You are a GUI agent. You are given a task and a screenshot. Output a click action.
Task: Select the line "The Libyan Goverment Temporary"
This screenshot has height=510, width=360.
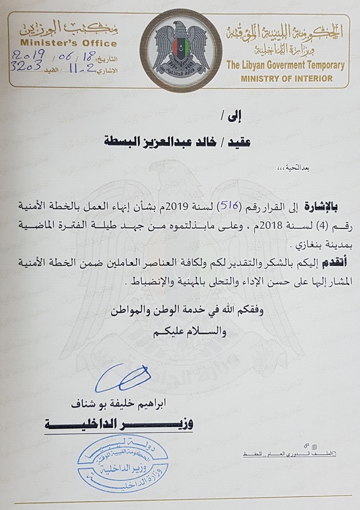tap(285, 66)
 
